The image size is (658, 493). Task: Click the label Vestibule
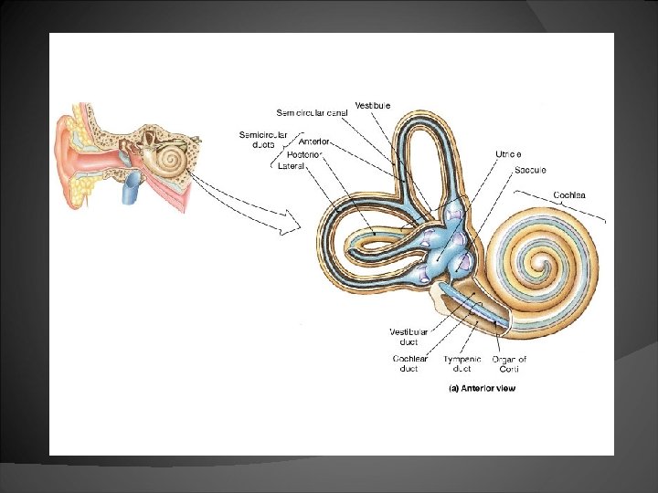(x=374, y=106)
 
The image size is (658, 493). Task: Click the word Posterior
(x=313, y=154)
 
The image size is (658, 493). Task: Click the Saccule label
(x=531, y=171)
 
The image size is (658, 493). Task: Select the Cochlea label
(x=569, y=194)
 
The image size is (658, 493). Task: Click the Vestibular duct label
(x=408, y=336)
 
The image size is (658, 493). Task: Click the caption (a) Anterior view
(x=482, y=388)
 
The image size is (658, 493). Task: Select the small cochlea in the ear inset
(x=169, y=160)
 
